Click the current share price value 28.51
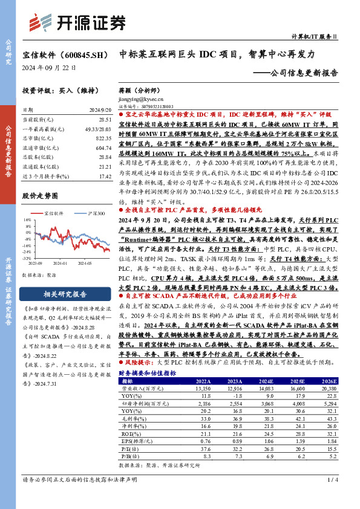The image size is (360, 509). tap(105, 120)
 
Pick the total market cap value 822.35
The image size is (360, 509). tap(103, 138)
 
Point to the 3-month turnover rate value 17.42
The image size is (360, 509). tap(105, 176)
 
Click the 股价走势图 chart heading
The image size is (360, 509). tap(43, 196)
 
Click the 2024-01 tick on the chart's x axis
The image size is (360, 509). tap(60, 263)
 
